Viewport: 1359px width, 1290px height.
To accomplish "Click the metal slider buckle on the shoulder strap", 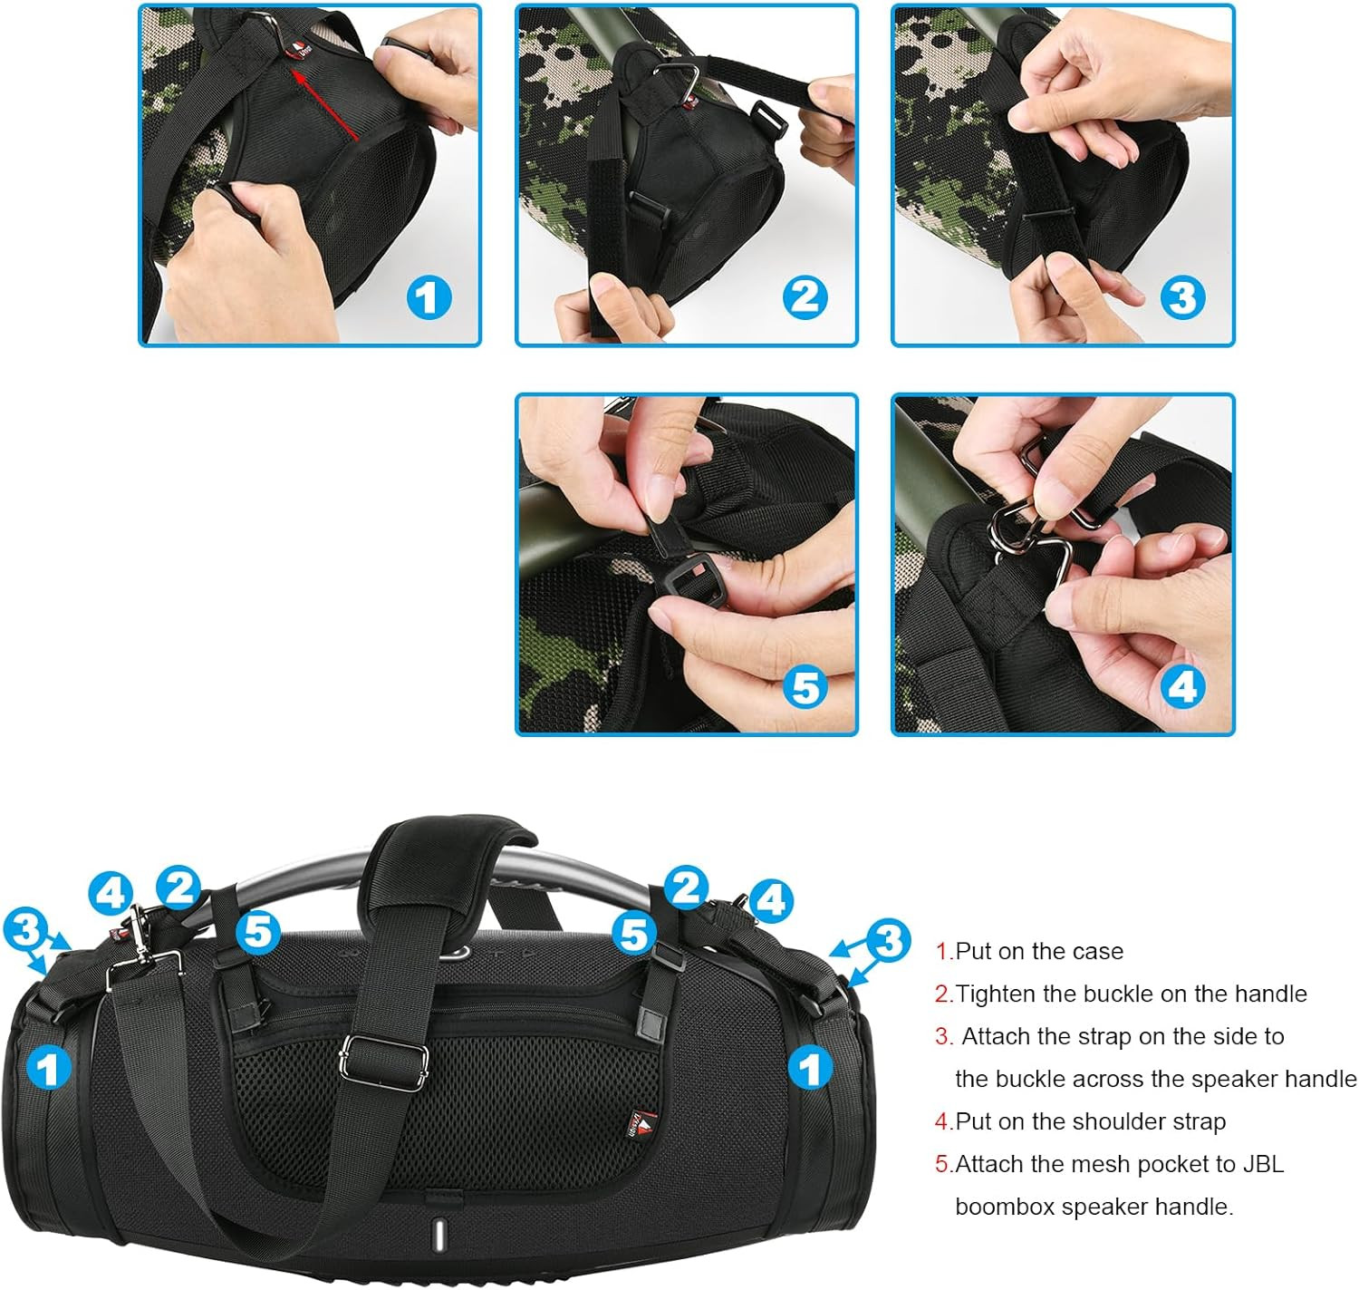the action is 382,1061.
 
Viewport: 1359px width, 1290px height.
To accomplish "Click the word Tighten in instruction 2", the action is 996,994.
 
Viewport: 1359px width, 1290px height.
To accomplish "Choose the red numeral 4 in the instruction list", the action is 940,1121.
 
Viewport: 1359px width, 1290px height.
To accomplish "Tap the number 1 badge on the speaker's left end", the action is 48,1067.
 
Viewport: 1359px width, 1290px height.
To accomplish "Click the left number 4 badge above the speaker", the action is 111,892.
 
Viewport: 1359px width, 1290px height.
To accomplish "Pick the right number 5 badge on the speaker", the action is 634,933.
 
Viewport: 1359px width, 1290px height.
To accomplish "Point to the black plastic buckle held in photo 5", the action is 691,579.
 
